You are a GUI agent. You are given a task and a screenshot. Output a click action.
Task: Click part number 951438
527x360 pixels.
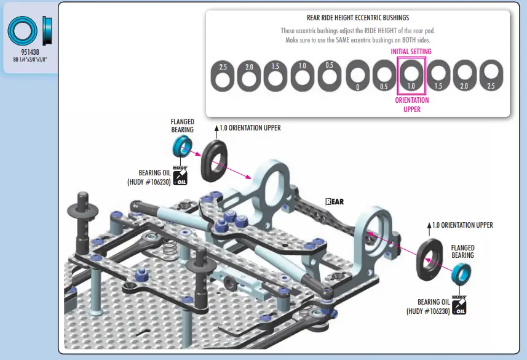tap(30, 52)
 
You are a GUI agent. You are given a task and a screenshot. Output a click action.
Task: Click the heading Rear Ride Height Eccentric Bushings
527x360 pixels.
tap(358, 18)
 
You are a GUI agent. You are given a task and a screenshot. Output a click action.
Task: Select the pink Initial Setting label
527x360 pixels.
tap(411, 52)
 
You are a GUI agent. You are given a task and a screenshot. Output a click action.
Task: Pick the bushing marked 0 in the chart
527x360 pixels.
tap(358, 75)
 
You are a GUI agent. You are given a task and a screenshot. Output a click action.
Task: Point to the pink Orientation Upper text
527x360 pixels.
tap(412, 105)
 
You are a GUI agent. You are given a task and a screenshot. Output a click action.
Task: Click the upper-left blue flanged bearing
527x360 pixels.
tap(183, 146)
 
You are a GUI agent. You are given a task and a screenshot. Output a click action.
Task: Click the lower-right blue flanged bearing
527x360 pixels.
tap(461, 274)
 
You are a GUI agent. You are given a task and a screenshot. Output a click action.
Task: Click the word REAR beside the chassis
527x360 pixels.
tap(335, 202)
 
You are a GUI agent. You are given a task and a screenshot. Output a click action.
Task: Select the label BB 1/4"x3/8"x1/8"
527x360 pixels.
tap(30, 60)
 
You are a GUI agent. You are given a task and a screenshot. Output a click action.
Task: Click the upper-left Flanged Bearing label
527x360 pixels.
tap(182, 126)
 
